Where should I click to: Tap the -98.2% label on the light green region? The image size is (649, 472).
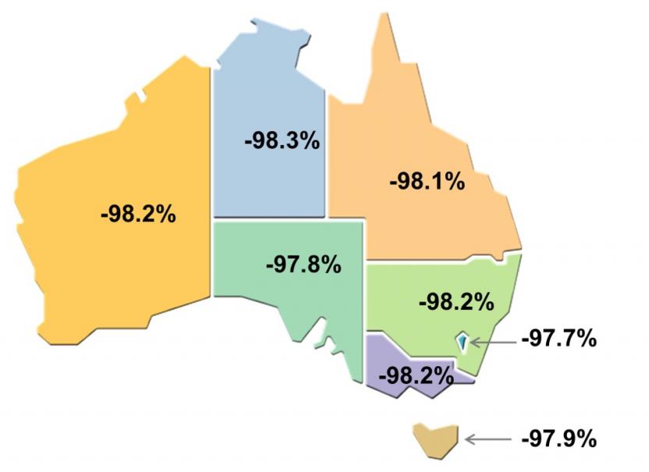(456, 301)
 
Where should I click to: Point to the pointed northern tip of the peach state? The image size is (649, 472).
(384, 17)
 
